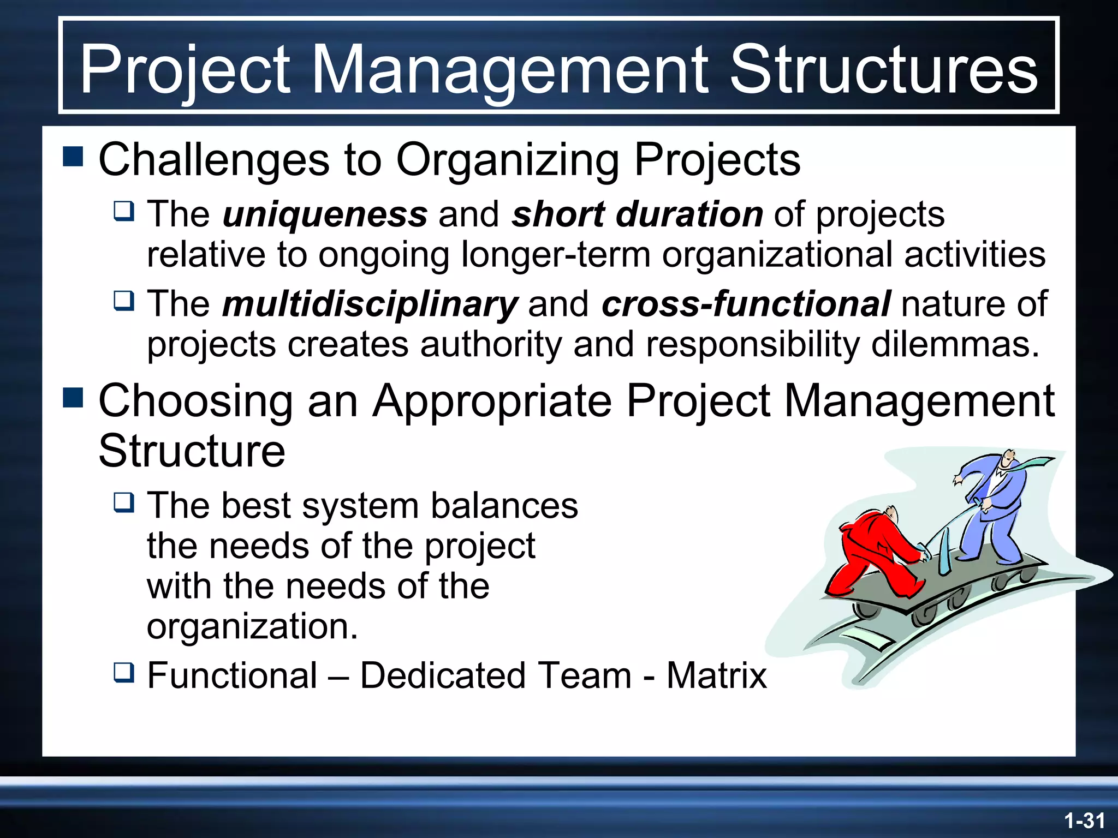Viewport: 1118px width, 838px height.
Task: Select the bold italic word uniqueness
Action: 325,214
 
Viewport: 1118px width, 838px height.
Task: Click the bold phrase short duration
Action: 637,214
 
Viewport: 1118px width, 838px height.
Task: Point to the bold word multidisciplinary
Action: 370,304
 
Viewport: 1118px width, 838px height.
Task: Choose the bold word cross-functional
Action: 746,304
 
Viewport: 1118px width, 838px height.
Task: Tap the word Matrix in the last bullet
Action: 716,675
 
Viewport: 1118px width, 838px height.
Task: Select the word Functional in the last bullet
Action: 233,675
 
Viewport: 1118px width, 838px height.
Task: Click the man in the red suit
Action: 873,551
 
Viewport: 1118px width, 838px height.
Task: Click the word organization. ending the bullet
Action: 252,626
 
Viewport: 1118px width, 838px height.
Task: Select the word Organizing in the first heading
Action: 508,159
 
